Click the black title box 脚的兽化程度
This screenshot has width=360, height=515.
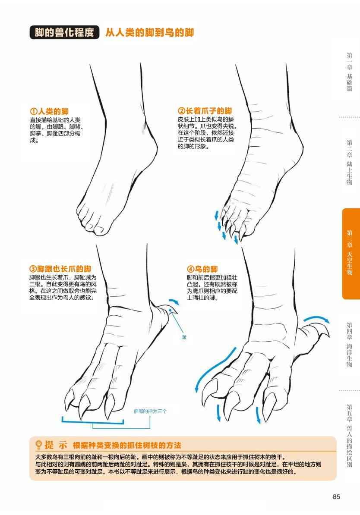coord(64,32)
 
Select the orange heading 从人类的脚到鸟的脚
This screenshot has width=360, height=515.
coord(150,32)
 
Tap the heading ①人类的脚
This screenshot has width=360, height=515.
coord(49,111)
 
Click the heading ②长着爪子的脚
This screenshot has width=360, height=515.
coord(205,111)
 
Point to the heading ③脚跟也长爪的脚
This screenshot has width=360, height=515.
coord(60,269)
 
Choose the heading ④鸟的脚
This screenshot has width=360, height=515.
coord(202,269)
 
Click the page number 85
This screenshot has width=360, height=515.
coord(336,496)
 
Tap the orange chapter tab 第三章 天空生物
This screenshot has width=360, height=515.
coord(351,254)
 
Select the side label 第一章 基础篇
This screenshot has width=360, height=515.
coord(350,72)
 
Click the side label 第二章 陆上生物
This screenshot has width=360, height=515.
coord(350,163)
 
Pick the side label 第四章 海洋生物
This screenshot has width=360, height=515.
coord(350,345)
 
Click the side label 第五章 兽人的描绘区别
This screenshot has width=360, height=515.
coord(350,436)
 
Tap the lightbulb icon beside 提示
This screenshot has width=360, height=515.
coord(39,445)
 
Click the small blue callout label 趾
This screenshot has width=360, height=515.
coord(184,337)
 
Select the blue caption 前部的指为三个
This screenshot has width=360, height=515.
coord(150,411)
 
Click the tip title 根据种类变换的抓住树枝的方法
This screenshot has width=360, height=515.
coord(127,445)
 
